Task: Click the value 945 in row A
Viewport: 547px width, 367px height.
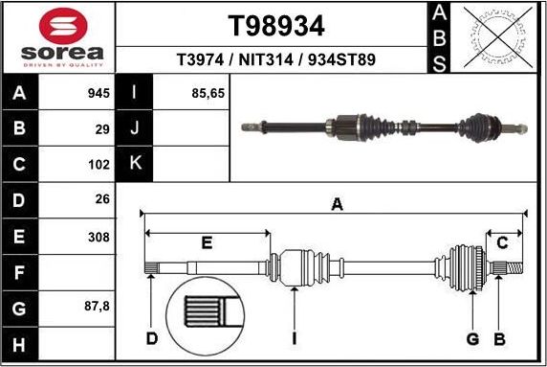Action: click(98, 94)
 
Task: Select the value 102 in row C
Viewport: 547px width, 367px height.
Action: click(98, 163)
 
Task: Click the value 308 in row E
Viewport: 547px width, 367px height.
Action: click(98, 236)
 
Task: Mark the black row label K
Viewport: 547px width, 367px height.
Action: click(135, 163)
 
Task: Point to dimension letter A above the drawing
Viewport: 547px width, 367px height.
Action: click(336, 203)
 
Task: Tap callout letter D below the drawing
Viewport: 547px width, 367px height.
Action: click(151, 338)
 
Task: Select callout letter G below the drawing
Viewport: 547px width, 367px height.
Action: click(471, 338)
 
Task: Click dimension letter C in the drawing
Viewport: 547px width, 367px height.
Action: click(502, 241)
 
